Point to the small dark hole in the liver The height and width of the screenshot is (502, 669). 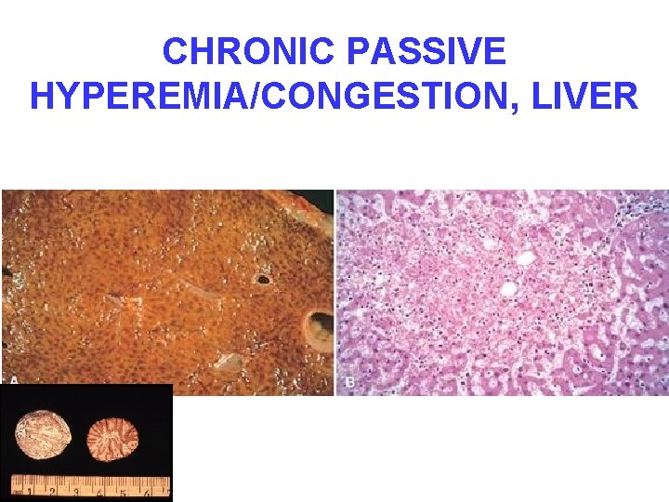pyautogui.click(x=263, y=278)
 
